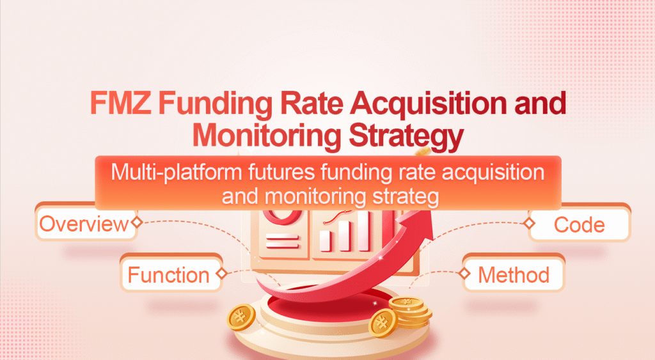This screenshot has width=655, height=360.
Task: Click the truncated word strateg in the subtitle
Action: [405, 196]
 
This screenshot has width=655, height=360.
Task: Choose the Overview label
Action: [83, 224]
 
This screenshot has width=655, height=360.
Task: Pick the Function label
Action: [168, 275]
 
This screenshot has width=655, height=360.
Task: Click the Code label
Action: [579, 224]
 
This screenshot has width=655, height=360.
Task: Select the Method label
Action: [514, 275]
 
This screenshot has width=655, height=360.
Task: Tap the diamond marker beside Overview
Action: [136, 223]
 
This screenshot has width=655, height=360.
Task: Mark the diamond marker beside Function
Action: [221, 274]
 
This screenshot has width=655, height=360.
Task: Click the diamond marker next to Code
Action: [528, 223]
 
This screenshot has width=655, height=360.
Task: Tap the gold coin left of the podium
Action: [241, 316]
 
